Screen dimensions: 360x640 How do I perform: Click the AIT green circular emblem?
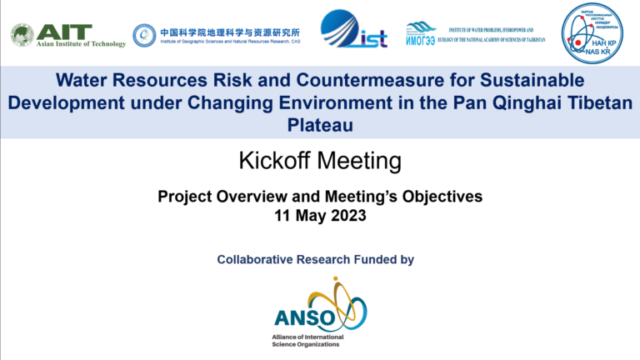click(22, 35)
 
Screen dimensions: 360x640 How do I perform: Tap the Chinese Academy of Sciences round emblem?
click(144, 34)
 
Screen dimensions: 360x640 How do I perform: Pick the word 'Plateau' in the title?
click(320, 124)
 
